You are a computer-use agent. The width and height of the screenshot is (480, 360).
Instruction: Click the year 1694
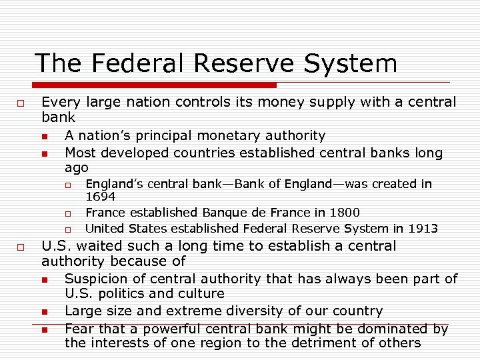coord(101,197)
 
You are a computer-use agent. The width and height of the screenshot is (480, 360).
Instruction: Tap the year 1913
coord(423,229)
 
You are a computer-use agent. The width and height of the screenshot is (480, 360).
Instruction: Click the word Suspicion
coord(97,279)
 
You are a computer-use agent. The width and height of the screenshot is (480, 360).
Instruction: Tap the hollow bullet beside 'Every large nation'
coord(21,103)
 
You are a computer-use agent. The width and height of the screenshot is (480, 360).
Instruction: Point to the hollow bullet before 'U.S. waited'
coord(21,247)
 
